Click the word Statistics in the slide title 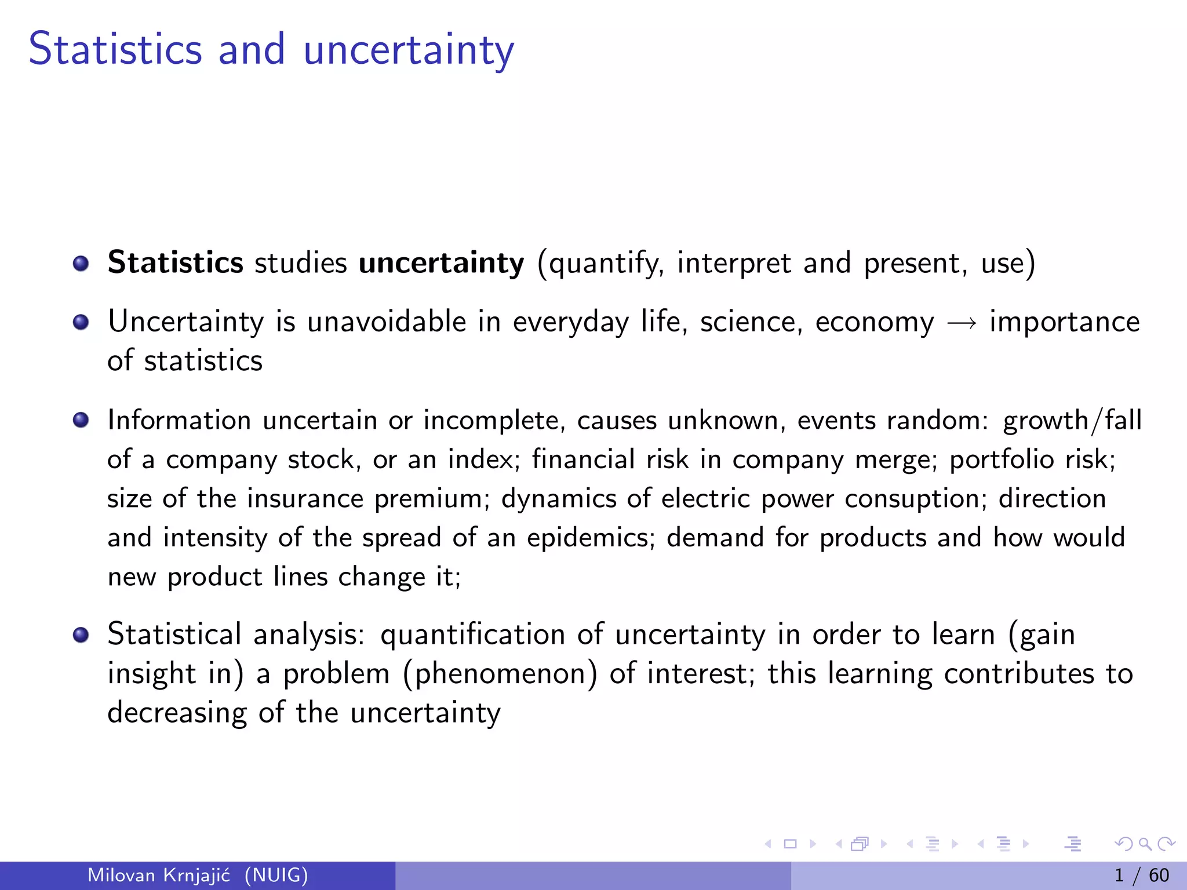click(115, 49)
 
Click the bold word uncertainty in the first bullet click(441, 263)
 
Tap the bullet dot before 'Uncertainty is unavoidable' click(81, 322)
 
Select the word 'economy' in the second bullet click(875, 322)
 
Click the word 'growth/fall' click(1072, 421)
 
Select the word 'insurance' click(305, 499)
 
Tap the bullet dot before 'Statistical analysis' click(81, 635)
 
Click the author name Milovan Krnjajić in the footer click(159, 875)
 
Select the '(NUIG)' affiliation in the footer click(276, 875)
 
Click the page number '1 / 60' click(1141, 875)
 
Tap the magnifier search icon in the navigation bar click(1145, 844)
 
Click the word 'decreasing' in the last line click(177, 713)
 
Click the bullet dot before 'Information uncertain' click(81, 420)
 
